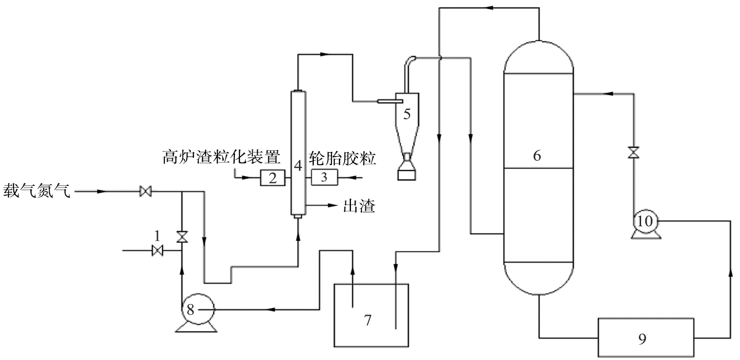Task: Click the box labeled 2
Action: tap(273, 177)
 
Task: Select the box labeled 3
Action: tap(324, 177)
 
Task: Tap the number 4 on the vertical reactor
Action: tap(298, 164)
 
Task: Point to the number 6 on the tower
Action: tap(537, 155)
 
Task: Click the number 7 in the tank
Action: tap(368, 320)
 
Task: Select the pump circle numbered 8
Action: tap(196, 308)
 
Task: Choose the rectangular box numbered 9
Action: tap(643, 339)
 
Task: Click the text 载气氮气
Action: tap(37, 190)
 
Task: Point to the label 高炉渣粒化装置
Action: tap(221, 157)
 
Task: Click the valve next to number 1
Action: tap(157, 250)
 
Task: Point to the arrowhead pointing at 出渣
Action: tap(332, 205)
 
